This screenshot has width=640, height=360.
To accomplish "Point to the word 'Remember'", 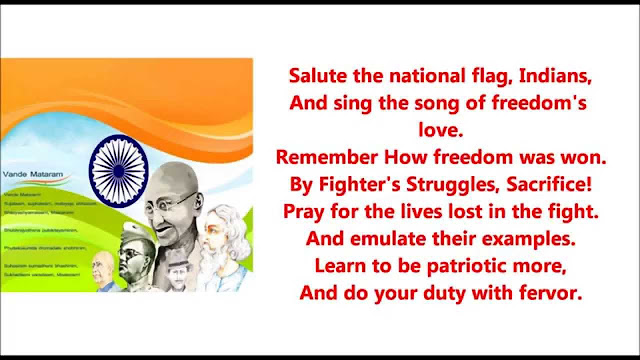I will [322, 157].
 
